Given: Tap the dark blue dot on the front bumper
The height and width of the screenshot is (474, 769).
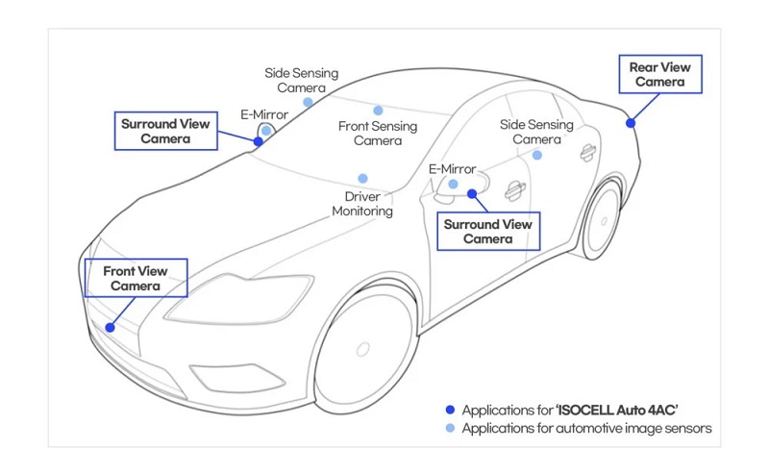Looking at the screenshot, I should coord(111,327).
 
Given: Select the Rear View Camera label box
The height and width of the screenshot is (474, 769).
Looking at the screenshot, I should coord(657,75).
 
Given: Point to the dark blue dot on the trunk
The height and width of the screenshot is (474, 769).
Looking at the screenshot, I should coord(631,122).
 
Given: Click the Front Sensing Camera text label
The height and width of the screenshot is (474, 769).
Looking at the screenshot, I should coord(378,134).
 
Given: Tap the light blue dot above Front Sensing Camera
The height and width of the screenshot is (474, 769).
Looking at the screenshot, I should coord(378,111).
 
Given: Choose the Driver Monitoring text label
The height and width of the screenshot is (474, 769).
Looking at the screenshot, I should coord(362,203).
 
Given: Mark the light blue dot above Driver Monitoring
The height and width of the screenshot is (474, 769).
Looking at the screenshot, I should coord(362,179).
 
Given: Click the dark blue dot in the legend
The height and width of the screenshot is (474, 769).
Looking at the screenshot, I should coord(450,409).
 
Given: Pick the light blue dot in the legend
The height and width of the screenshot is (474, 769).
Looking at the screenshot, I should coord(450,428).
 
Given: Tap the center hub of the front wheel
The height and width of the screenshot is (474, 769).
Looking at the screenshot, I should coord(363,348).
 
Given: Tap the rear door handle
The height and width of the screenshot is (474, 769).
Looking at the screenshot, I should coord(585,151).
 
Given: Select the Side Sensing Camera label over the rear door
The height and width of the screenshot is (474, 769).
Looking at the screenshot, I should coord(536,133).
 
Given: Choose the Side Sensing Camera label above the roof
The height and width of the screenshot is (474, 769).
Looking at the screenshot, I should coord(303,80).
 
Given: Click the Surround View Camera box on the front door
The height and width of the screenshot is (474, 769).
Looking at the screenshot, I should coord(486,232).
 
